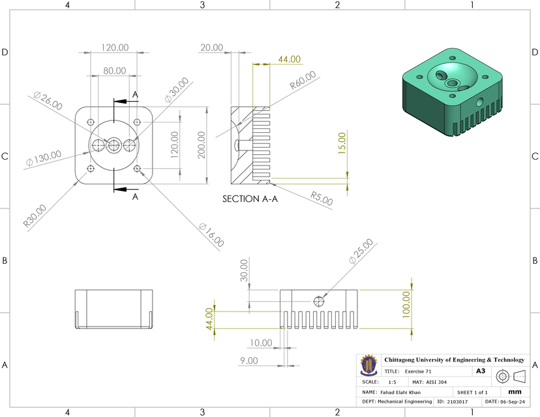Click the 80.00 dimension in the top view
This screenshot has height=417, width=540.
pyautogui.click(x=114, y=70)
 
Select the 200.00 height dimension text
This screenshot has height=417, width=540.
pyautogui.click(x=202, y=144)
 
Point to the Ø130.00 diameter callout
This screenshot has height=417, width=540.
pyautogui.click(x=44, y=158)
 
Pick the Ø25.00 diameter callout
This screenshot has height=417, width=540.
pyautogui.click(x=361, y=251)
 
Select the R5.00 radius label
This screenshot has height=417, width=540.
pyautogui.click(x=322, y=198)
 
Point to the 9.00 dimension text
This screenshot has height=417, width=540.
pyautogui.click(x=249, y=360)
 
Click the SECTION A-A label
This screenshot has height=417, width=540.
pyautogui.click(x=250, y=199)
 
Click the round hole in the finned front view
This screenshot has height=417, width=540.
pyautogui.click(x=319, y=301)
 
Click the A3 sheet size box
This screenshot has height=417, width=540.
pyautogui.click(x=480, y=371)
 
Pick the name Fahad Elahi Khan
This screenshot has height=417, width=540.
pyautogui.click(x=402, y=393)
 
